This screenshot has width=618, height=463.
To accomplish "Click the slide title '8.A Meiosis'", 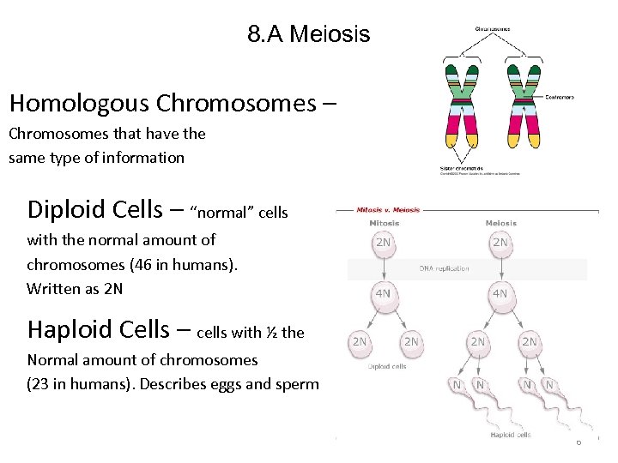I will [x=308, y=34].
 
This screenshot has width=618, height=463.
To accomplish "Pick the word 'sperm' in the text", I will [x=296, y=384].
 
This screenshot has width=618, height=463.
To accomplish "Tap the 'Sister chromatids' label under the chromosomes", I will [x=461, y=168].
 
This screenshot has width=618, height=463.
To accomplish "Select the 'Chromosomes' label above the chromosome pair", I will [x=493, y=28].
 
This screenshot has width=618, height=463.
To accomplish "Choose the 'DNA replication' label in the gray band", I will [x=444, y=268].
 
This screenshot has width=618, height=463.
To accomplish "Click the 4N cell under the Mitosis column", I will [x=383, y=293].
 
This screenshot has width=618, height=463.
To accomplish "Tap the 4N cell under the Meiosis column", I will [x=500, y=293].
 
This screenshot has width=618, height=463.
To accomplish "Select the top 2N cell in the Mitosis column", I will [x=383, y=243].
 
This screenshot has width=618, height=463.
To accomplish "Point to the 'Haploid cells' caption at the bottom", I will [x=512, y=435].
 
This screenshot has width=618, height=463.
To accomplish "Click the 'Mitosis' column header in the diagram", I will [x=384, y=223].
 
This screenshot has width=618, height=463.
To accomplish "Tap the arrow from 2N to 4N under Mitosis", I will [x=383, y=268].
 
